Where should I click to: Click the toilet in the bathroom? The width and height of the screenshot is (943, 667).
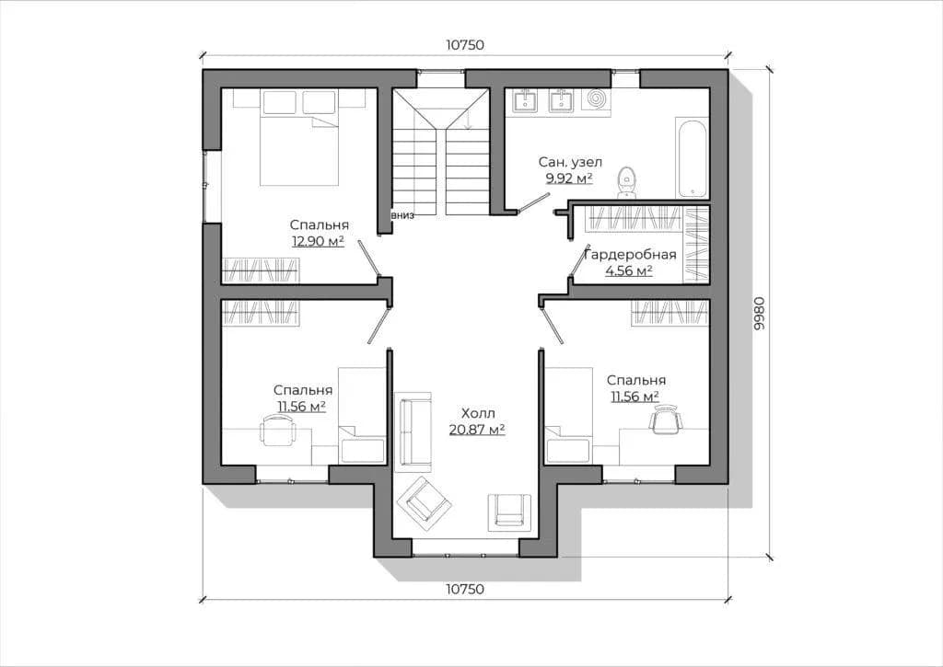tap(626, 182)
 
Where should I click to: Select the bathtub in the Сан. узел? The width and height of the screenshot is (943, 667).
tap(693, 159)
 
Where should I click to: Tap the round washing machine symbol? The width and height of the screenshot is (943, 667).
tap(596, 99)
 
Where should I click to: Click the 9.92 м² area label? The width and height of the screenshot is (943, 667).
tap(569, 178)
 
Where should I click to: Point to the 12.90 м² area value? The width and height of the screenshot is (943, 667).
tap(318, 242)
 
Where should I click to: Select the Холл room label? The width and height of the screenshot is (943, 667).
tap(478, 413)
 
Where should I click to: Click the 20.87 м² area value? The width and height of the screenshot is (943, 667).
tap(477, 429)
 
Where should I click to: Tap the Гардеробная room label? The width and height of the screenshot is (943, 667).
tap(631, 255)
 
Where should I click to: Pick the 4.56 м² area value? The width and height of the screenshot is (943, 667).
tap(629, 271)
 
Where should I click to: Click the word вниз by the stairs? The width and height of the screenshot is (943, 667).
tap(402, 215)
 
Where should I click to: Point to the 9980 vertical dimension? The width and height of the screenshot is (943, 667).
tap(759, 313)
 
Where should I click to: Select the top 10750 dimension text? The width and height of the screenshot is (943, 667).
tap(465, 45)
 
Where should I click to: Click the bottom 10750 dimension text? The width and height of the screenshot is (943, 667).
tap(465, 590)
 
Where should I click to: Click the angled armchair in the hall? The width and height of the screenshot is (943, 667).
tap(427, 503)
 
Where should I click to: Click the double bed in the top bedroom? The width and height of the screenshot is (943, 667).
tap(299, 138)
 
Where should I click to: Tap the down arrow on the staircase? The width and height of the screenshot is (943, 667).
tap(468, 121)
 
